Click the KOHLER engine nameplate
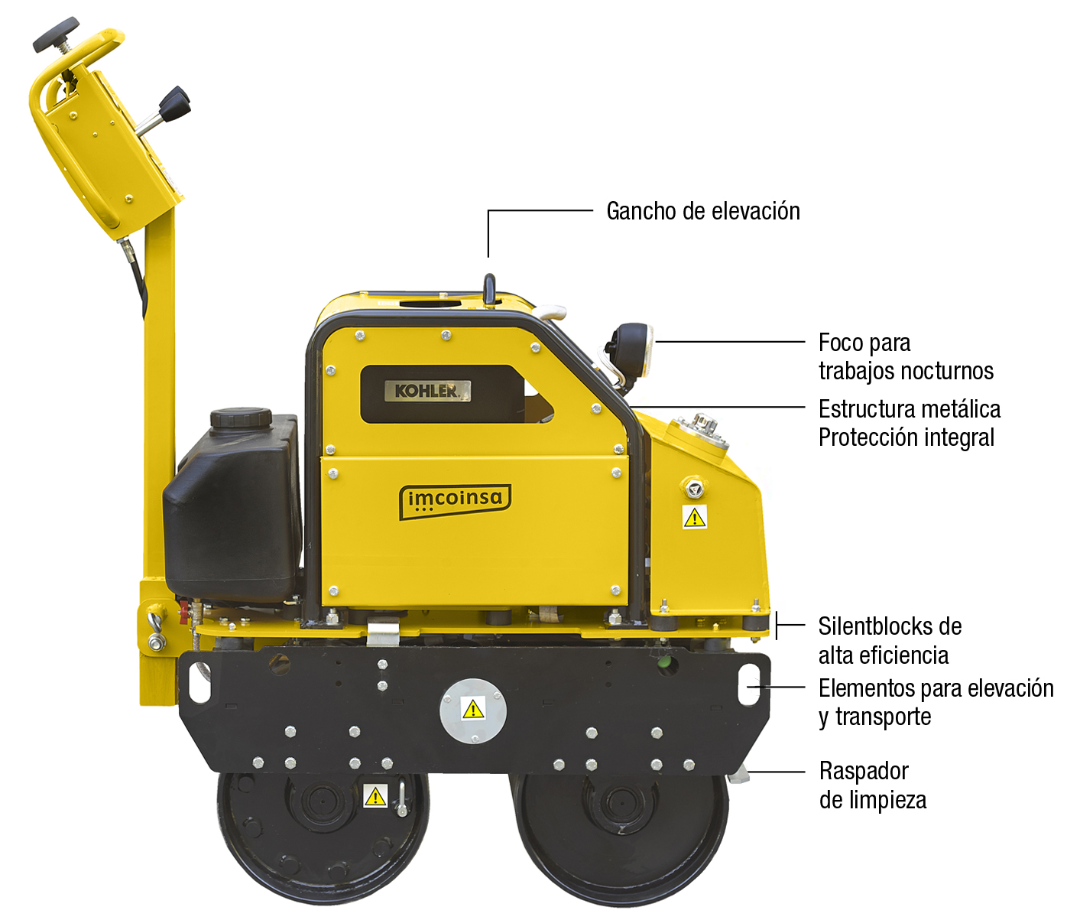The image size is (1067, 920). [x=427, y=391]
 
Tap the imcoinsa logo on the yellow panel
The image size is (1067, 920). [x=455, y=501]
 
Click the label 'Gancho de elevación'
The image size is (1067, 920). [x=703, y=211]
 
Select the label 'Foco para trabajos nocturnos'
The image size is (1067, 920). [x=906, y=357]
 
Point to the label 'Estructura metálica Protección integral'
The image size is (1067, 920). [x=910, y=423]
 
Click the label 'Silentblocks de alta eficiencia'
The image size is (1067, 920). [x=890, y=641]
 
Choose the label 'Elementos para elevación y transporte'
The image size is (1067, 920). [x=936, y=703]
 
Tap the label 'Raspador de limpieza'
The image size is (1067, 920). [x=872, y=785]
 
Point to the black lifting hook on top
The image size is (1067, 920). [x=489, y=289]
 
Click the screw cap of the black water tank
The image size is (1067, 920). [x=241, y=417]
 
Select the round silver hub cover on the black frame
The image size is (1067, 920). [x=473, y=710]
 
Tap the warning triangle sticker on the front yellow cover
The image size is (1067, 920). [x=694, y=517]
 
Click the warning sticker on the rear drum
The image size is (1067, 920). [x=375, y=797]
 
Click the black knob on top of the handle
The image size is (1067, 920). [x=56, y=34]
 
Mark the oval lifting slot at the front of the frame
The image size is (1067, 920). [x=750, y=685]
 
